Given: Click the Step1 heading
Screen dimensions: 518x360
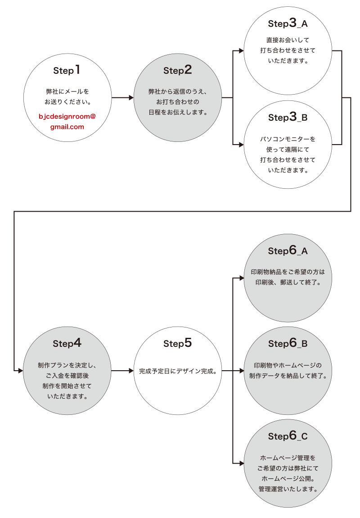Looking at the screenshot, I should click(67, 70).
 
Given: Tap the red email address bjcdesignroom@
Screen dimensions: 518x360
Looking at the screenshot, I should click(67, 116).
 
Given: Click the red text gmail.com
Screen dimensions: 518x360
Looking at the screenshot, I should click(67, 127).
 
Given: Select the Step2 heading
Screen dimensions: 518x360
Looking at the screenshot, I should click(177, 70).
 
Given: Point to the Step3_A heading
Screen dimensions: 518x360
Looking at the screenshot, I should click(288, 23).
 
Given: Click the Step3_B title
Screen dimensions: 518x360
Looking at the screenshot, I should click(288, 118).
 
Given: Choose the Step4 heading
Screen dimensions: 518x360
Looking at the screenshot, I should click(67, 343).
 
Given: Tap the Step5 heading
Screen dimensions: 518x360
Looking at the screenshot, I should click(177, 343).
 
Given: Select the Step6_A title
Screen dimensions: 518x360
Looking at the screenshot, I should click(288, 250).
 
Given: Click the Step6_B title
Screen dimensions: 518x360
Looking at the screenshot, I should click(288, 343).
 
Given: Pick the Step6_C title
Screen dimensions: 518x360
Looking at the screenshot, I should click(288, 436).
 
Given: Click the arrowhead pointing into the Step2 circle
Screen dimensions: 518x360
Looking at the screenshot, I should click(131, 97).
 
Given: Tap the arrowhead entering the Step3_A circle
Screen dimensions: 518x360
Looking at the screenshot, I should click(241, 51).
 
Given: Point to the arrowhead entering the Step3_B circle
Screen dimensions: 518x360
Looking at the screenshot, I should click(241, 145).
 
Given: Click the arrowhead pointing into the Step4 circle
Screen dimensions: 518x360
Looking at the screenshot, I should click(20, 371).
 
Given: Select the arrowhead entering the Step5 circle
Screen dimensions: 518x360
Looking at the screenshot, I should click(131, 371).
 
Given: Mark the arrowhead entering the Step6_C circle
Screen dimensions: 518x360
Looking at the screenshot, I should click(241, 463).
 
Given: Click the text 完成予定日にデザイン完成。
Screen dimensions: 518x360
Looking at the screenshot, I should click(177, 371).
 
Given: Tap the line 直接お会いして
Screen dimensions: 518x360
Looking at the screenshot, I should click(288, 40).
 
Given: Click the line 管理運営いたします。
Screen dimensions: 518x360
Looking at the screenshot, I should click(288, 489).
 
